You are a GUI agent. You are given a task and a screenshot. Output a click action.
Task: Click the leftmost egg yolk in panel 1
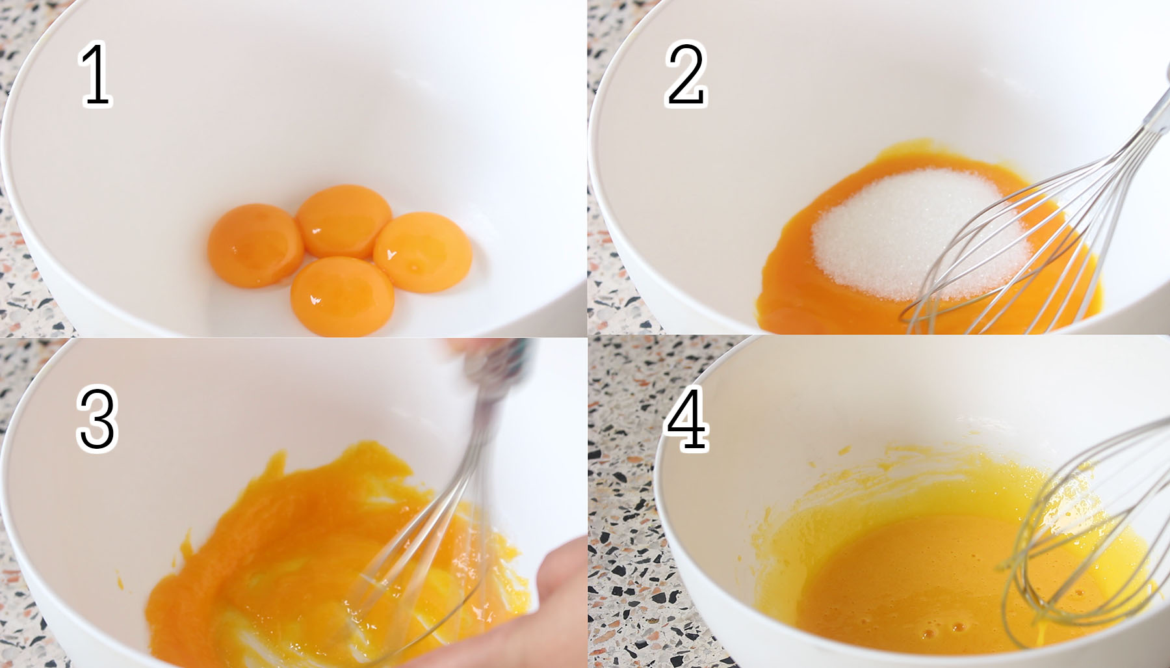tap(255, 245)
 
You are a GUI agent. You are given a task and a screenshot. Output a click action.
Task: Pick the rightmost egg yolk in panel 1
tap(422, 252)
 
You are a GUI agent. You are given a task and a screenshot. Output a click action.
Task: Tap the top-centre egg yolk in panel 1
tap(344, 220)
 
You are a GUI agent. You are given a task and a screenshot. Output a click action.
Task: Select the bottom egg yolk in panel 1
tap(342, 296)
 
